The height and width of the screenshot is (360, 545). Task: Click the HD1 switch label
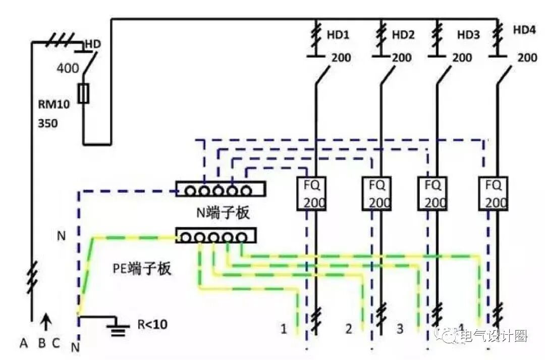[338, 35]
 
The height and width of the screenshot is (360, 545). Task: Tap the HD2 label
[403, 35]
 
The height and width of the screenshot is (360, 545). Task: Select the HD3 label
[469, 35]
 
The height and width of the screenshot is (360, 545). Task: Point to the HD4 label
[524, 30]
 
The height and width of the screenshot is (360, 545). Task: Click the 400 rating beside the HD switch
[68, 68]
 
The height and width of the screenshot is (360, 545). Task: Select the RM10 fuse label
[54, 105]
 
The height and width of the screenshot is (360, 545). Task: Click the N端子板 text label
[223, 213]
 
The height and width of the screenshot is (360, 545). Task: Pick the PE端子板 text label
[142, 268]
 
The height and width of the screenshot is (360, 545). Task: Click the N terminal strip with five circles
[221, 189]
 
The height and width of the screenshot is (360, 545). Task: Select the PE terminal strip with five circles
[216, 235]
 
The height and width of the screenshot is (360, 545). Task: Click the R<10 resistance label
[152, 325]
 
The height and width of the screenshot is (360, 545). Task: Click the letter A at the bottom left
[23, 343]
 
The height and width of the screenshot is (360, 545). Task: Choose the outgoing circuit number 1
[284, 330]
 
